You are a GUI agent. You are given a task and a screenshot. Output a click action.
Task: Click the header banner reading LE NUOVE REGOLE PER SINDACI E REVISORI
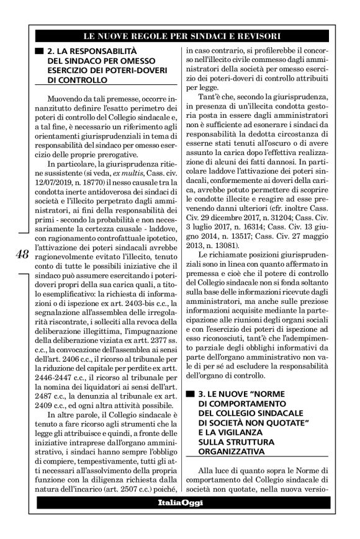coord(179,35)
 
